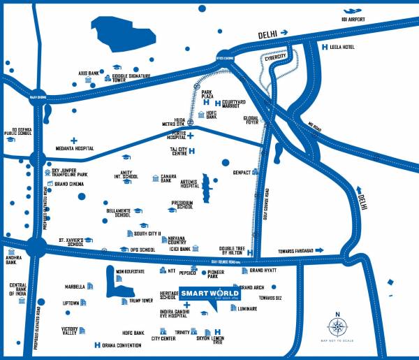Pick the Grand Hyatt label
[x=264, y=270]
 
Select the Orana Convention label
[x=120, y=345]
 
